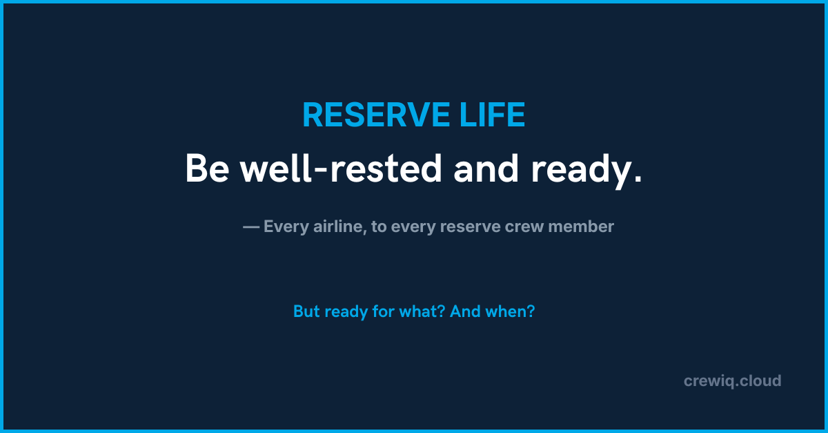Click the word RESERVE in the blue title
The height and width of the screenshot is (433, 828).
(x=376, y=115)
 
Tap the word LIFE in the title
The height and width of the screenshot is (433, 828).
(x=493, y=115)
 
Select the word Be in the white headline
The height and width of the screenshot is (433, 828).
(x=208, y=169)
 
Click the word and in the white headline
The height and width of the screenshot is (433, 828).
(x=486, y=169)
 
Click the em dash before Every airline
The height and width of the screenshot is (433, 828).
(x=251, y=227)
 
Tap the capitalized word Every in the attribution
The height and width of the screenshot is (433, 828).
(x=286, y=227)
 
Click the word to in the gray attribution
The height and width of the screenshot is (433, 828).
(x=379, y=227)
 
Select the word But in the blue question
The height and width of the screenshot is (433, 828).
(x=306, y=311)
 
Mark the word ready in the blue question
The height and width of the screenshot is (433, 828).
(x=346, y=313)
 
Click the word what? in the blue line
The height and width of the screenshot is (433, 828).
(x=422, y=311)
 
